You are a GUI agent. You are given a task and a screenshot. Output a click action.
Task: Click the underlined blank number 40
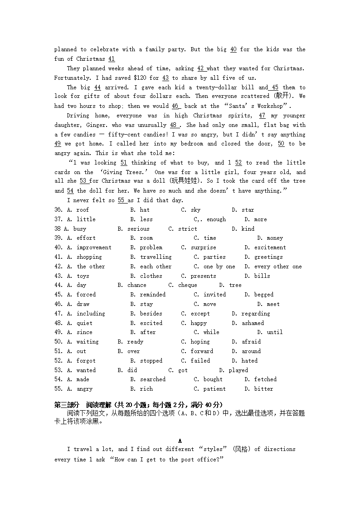(233, 49)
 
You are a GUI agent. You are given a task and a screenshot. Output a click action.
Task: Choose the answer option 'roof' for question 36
(83, 210)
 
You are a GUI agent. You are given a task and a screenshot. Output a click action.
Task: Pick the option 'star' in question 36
(248, 210)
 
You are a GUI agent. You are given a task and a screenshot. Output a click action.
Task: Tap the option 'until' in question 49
(274, 332)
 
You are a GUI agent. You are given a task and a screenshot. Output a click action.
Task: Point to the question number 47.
(58, 314)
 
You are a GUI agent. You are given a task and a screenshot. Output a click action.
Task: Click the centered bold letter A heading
(180, 441)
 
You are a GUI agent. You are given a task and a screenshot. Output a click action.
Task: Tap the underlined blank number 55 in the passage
(121, 200)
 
